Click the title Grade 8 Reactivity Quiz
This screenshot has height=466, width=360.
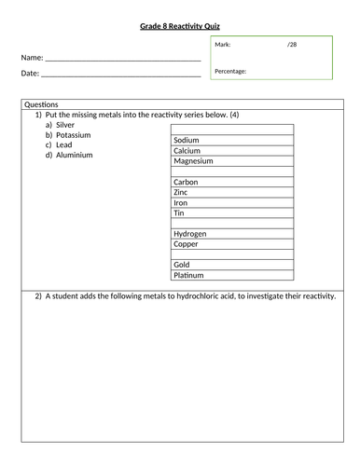coord(180,26)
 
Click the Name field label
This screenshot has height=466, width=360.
coord(31,57)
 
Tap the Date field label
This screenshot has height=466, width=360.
coord(29,73)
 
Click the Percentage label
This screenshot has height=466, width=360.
coord(230,71)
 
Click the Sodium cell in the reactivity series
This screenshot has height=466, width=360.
coord(188,141)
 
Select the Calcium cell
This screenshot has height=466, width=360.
coord(188,151)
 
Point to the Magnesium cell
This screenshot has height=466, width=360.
coord(194,161)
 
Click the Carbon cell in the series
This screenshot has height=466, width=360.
coord(187,182)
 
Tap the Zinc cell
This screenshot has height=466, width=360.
coord(182,192)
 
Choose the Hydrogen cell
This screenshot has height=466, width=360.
coord(190,233)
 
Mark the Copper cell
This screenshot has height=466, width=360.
coord(187,243)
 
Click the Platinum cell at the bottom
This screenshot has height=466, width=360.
coord(190,275)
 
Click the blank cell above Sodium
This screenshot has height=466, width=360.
coord(232,130)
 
